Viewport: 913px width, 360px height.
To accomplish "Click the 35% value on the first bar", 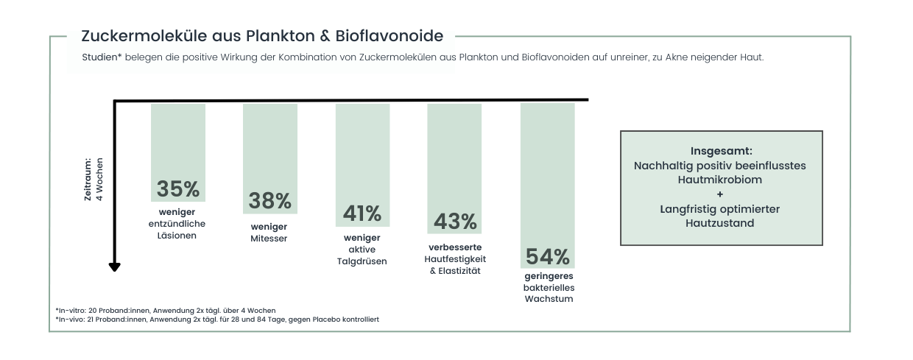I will point(178,189).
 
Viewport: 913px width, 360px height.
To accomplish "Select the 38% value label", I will point(270,200).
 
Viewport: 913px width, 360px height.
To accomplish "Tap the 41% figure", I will point(362,213).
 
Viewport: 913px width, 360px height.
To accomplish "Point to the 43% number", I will point(455,221).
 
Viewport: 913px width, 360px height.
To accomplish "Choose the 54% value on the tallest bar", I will point(548,257).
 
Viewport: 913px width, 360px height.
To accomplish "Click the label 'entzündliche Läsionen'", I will point(177,230).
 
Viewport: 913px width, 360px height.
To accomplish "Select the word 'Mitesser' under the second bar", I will point(269,239).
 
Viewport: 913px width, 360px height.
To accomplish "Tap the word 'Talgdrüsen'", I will point(362,261).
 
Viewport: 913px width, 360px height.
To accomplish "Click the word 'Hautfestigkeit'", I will point(455,259).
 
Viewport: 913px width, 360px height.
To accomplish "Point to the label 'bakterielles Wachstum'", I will point(548,293).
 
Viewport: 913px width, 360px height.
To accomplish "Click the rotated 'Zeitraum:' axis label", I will point(87,179).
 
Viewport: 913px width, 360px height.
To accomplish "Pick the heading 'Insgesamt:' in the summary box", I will point(721,151).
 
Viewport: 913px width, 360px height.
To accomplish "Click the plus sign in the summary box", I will point(721,194).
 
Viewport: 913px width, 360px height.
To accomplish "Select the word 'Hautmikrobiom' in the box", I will point(721,180).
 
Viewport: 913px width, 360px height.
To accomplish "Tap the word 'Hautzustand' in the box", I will point(721,223).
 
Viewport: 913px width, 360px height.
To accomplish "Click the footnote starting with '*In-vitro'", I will point(165,311).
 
